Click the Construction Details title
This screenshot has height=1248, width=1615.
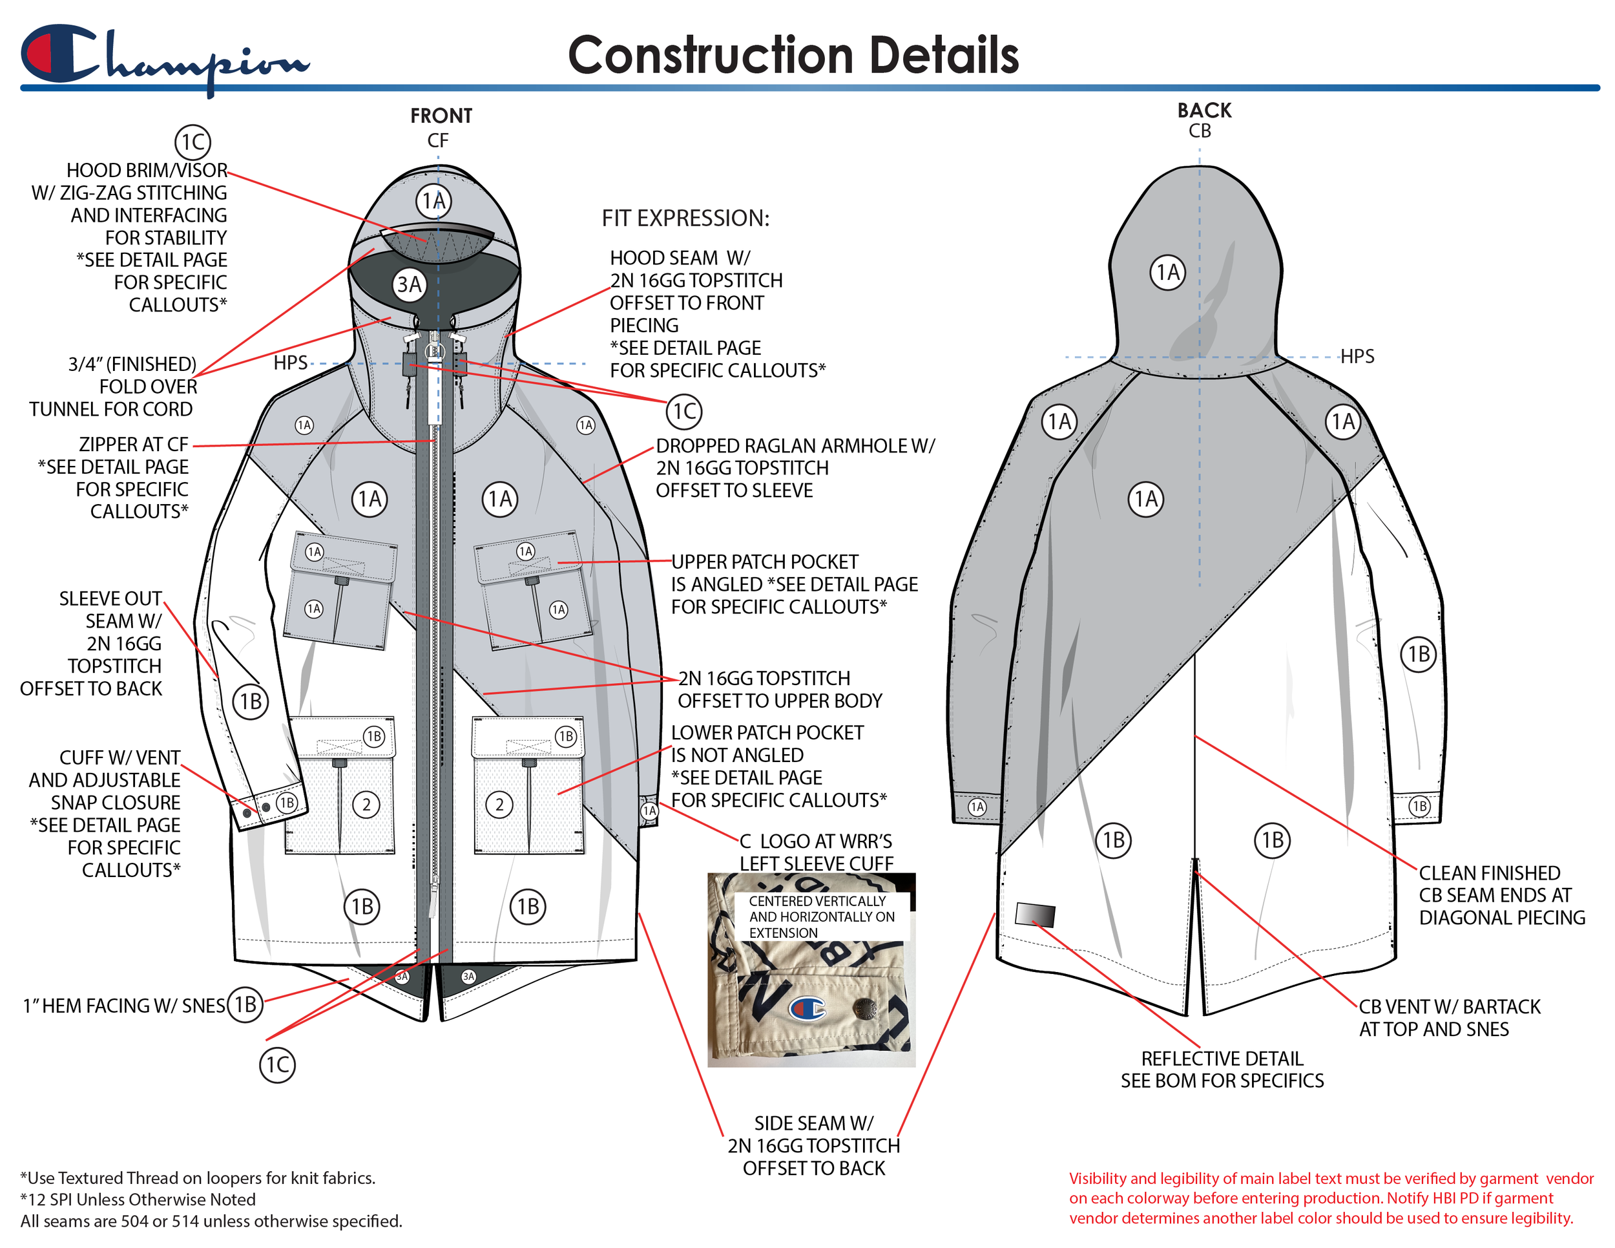(x=793, y=56)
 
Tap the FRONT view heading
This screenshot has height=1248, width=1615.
(x=441, y=116)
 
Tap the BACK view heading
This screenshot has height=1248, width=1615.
(x=1204, y=111)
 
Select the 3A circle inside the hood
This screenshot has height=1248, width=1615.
(x=409, y=285)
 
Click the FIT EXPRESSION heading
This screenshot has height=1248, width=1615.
(x=685, y=218)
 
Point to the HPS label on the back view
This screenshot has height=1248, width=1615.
(x=1357, y=357)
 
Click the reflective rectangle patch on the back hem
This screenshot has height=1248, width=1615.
(x=1034, y=915)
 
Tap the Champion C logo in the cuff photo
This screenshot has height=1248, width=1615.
(x=807, y=1008)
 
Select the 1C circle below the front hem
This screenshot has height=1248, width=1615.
(x=277, y=1065)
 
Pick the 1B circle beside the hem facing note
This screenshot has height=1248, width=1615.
(x=245, y=1004)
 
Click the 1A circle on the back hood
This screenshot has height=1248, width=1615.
(x=1167, y=272)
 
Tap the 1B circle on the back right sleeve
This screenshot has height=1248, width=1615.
(x=1419, y=655)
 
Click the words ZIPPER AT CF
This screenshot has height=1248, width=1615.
(x=134, y=445)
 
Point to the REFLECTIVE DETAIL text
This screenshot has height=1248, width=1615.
(x=1222, y=1059)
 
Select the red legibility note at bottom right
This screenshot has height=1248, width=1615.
(x=1330, y=1198)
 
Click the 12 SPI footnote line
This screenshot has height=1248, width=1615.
(x=138, y=1199)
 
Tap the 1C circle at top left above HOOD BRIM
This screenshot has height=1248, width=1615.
(x=193, y=142)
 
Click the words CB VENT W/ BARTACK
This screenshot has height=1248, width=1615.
(x=1450, y=1007)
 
